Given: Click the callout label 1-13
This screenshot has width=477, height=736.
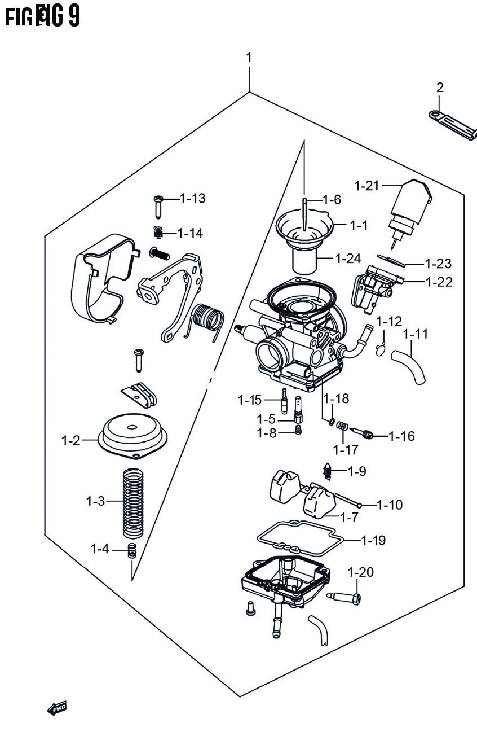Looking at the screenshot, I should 192,198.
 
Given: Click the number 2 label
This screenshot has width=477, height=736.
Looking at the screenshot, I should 440,87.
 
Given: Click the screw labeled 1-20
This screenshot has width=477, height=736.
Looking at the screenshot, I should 346,597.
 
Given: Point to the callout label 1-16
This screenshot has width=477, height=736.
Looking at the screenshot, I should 401,436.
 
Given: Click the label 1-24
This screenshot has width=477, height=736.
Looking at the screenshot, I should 348,259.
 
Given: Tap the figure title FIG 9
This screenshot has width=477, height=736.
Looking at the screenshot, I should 43,16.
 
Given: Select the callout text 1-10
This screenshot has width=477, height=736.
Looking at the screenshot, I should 390,505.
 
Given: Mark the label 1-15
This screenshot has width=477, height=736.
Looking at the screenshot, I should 250,400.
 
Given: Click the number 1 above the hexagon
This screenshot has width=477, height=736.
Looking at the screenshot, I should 248,58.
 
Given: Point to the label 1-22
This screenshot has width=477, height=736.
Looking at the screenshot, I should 439,281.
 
